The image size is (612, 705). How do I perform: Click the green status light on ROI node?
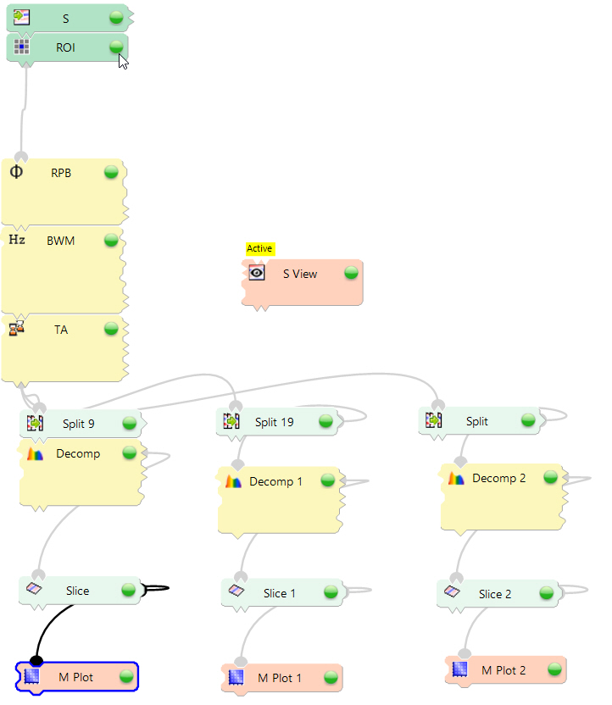116,47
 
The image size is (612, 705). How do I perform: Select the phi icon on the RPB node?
16,172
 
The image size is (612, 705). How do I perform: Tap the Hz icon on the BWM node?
17,240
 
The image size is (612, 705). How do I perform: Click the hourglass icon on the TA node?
16,328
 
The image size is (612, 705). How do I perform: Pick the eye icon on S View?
257,273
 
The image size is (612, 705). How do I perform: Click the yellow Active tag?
259,248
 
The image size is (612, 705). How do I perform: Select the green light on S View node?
351,273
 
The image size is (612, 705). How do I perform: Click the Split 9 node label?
79,423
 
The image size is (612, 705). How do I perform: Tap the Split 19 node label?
275,421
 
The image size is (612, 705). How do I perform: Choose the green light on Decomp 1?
328,480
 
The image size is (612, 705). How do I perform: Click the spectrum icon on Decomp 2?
456,479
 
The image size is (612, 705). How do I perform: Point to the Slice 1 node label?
280,593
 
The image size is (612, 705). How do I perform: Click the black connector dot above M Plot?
36,660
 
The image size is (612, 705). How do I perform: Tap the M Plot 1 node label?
280,678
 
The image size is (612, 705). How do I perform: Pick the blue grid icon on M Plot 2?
459,669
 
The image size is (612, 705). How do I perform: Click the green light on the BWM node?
111,240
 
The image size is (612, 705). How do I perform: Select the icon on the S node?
22,17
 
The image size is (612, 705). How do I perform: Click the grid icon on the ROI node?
22,47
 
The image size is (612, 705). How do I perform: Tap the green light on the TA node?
111,328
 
